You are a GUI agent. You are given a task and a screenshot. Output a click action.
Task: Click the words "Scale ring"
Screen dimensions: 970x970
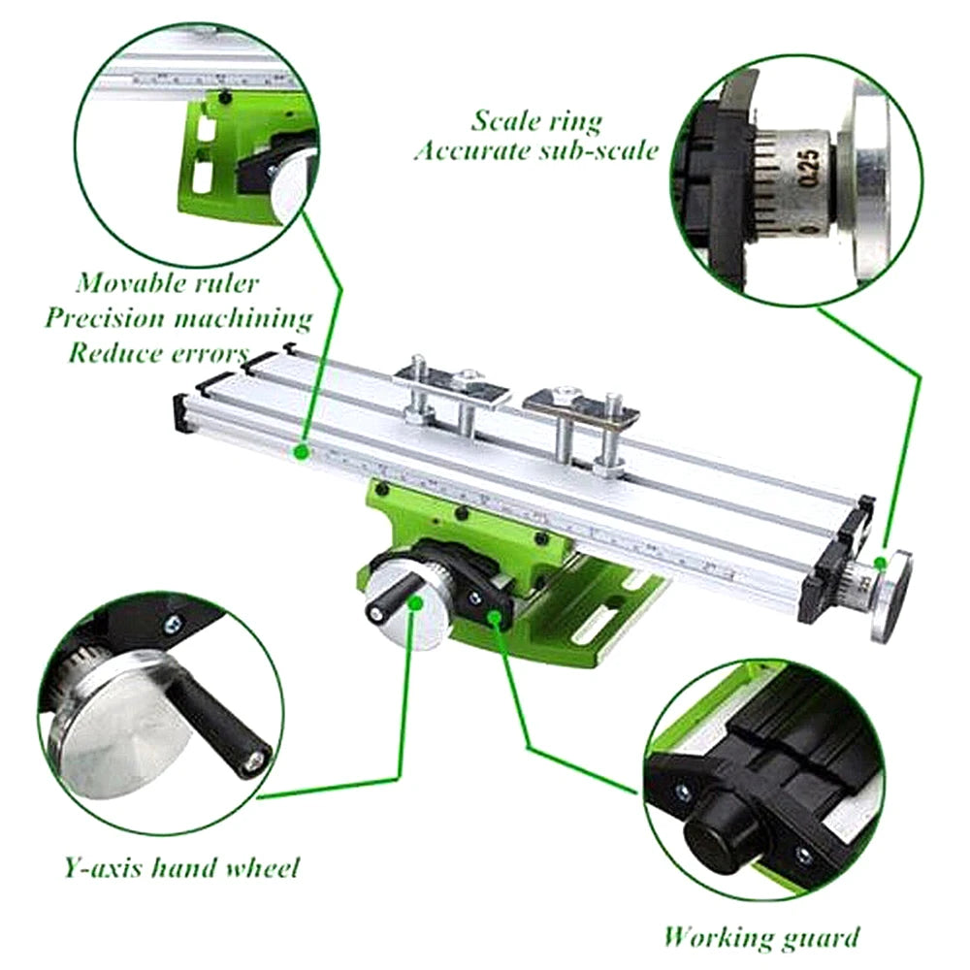(x=536, y=121)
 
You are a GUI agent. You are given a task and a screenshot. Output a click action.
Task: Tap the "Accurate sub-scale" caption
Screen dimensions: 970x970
(x=536, y=151)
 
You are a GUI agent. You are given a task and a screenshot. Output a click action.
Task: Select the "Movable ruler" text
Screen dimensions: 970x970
(x=169, y=283)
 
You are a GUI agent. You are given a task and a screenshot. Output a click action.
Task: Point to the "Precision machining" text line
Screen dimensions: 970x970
(x=178, y=317)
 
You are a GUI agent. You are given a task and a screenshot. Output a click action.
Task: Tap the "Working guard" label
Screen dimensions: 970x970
(x=761, y=937)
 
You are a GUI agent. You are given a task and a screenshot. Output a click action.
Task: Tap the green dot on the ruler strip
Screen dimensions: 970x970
(x=303, y=451)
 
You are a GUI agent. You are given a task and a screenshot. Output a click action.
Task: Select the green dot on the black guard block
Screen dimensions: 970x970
(x=495, y=616)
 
